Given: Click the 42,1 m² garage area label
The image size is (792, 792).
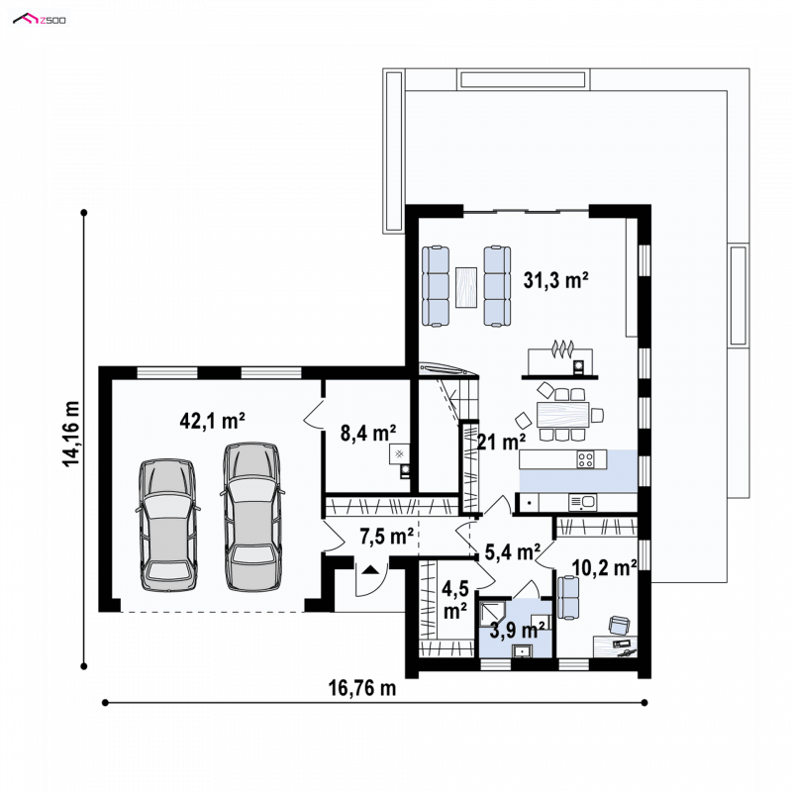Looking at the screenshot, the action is (212, 420).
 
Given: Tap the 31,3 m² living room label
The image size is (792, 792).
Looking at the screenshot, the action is (555, 280).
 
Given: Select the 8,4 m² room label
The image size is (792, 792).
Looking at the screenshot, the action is (367, 433).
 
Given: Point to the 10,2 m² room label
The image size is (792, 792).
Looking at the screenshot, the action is (604, 567).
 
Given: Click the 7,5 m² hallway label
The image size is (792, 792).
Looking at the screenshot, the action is (386, 536).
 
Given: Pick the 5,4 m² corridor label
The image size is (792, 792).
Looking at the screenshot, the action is (512, 552).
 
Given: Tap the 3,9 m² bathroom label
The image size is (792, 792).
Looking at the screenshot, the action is (517, 631).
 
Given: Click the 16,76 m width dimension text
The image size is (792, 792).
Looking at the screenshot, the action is (362, 688).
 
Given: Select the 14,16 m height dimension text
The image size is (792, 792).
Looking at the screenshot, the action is (71, 434).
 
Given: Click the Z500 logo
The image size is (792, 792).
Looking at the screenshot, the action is (40, 20).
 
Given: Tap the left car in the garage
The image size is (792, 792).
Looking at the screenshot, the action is (167, 526).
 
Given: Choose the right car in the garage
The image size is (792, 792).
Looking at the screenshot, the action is (252, 517).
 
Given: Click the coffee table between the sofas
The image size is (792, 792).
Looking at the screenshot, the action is (466, 287).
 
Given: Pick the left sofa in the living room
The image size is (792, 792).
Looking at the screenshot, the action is (436, 286).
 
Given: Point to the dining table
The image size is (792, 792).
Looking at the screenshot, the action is (563, 414).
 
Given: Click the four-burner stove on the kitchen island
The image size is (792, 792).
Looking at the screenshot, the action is (585, 459).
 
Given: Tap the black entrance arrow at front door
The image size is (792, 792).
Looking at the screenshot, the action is (370, 570).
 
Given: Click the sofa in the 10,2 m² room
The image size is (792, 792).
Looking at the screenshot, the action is (568, 598).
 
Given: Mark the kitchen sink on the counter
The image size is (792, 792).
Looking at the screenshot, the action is (582, 502).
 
